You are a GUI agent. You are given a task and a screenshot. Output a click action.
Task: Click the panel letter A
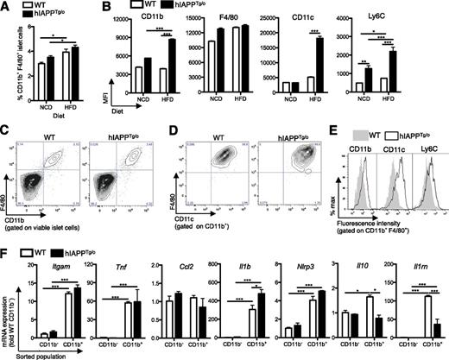tap(6, 7)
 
